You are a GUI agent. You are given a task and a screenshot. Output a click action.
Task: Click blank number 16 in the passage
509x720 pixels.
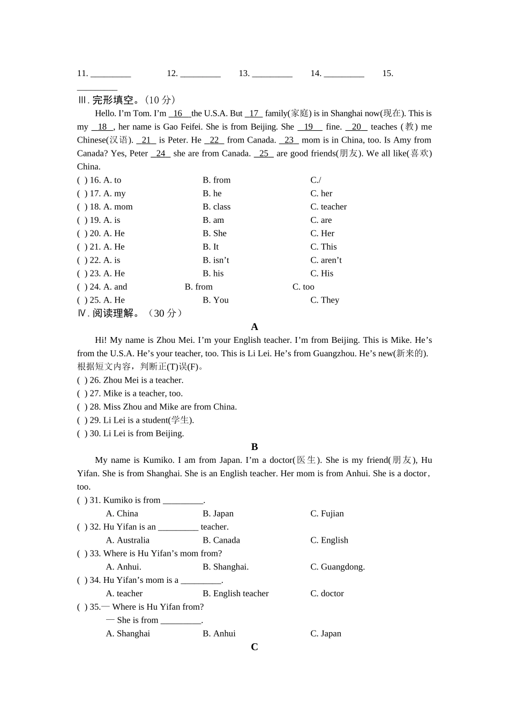point(178,114)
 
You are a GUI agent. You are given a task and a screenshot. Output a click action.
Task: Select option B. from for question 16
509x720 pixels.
point(216,180)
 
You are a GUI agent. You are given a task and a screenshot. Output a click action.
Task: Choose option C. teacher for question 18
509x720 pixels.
point(328,207)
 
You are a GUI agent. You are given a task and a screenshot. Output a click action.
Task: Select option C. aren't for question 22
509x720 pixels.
point(326,260)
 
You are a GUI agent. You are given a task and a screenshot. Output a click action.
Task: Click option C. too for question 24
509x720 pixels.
point(303,287)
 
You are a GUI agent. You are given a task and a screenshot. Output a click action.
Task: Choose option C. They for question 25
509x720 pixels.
point(325,300)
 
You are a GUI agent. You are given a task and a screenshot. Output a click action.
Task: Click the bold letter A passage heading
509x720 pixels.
point(254,327)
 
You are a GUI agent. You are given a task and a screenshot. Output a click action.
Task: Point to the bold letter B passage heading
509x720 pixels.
point(254,447)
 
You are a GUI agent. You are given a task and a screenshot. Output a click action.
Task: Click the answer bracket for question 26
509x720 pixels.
point(82,380)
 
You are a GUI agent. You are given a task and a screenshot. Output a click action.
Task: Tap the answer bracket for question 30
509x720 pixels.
point(82,434)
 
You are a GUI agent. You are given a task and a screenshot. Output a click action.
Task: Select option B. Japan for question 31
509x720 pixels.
point(218,514)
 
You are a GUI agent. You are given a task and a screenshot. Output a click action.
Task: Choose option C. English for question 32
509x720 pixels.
point(329,541)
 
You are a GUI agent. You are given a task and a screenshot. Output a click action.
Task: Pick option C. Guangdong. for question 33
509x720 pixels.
point(338,567)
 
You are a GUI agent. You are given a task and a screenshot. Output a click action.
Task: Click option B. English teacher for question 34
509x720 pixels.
point(236,594)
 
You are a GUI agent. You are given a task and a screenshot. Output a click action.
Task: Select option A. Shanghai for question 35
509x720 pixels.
point(128,634)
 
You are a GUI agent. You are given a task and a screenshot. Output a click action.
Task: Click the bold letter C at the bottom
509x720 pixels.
point(254,647)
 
